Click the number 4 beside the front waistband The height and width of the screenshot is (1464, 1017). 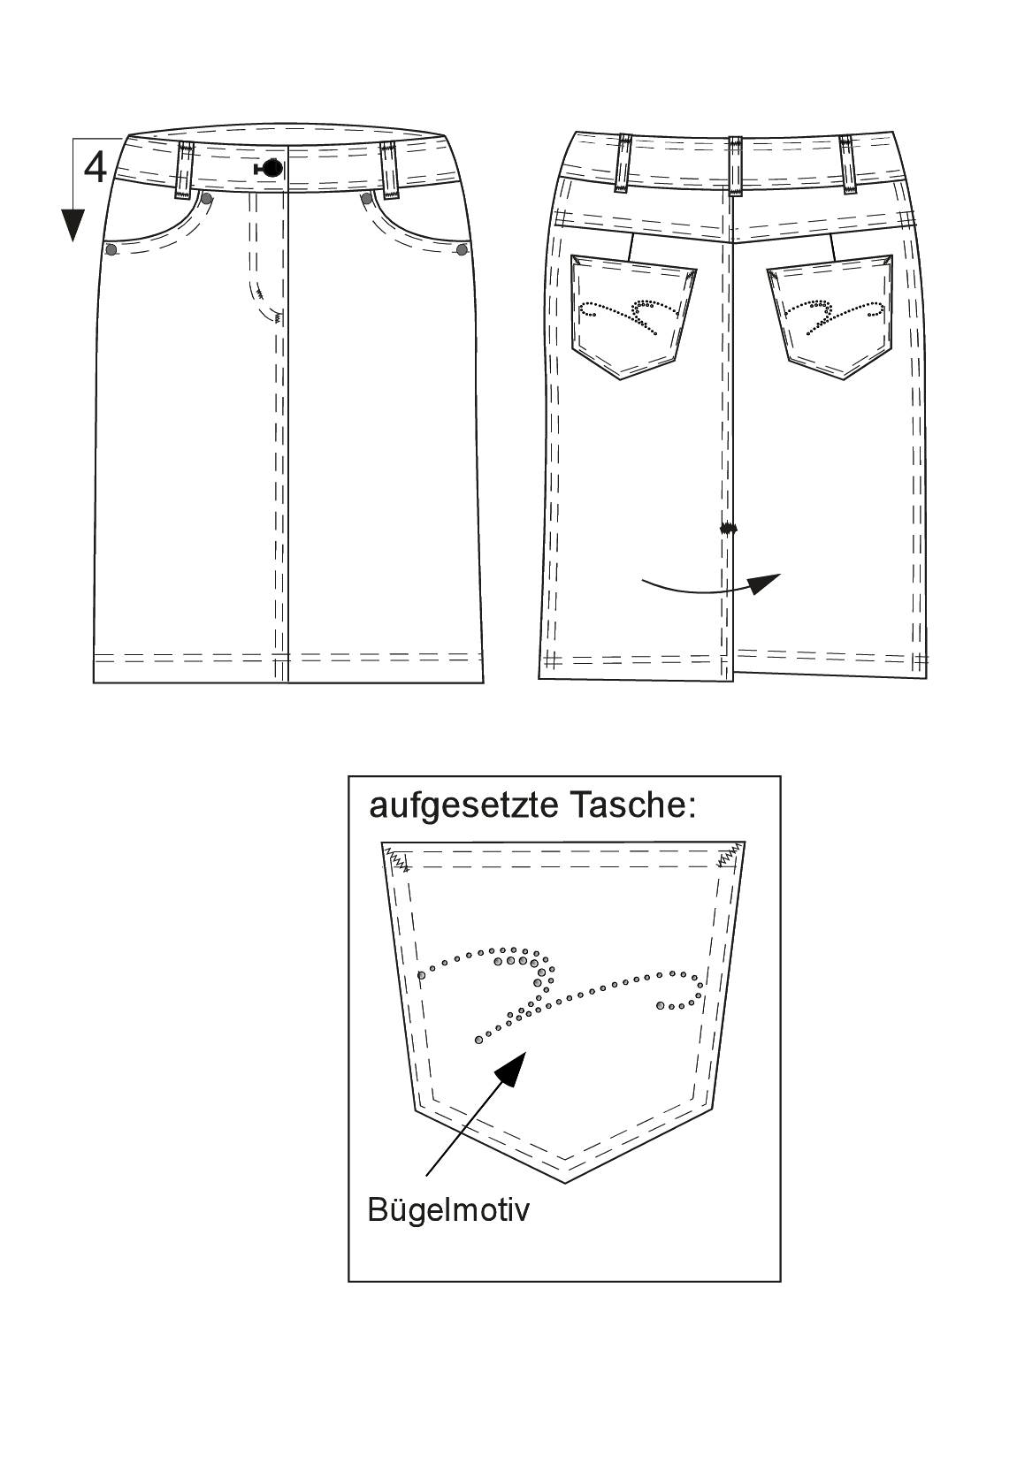96,167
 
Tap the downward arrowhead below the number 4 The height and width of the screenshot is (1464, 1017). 73,225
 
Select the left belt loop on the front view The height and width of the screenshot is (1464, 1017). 181,170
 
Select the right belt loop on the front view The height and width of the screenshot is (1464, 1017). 390,169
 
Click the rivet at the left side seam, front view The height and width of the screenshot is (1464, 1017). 111,250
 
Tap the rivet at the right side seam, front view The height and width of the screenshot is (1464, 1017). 463,249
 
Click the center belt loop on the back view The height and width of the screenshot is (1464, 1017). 735,165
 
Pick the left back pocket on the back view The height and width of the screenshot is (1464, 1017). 632,316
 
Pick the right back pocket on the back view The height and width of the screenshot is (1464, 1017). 830,316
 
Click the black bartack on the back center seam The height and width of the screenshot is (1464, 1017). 727,528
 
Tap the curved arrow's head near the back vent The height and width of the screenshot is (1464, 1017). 766,583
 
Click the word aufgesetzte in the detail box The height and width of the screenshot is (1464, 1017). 463,806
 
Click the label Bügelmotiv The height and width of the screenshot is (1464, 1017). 448,1209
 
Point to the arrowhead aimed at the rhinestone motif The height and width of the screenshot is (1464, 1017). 510,1069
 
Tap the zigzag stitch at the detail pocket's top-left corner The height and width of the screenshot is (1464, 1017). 397,859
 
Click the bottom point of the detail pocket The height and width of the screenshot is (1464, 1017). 565,1182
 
